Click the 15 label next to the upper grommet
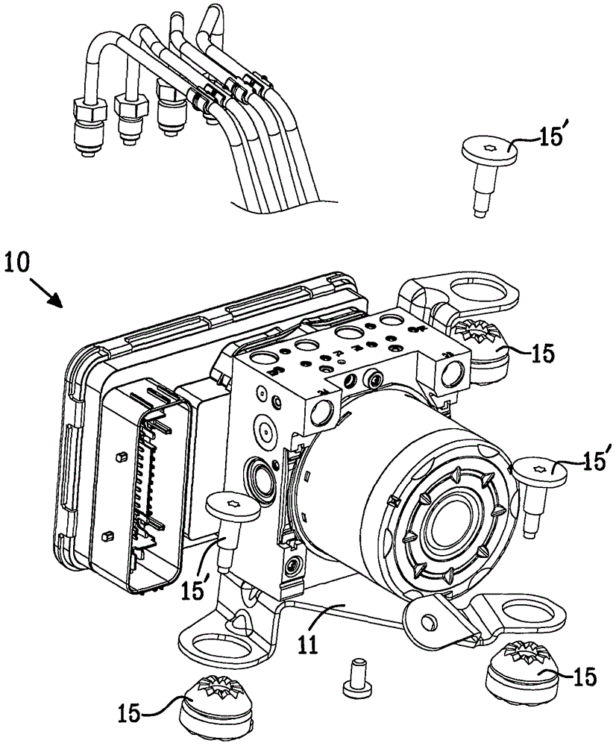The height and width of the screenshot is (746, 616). pyautogui.click(x=542, y=354)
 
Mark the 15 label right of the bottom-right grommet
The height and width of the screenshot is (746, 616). pyautogui.click(x=585, y=677)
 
